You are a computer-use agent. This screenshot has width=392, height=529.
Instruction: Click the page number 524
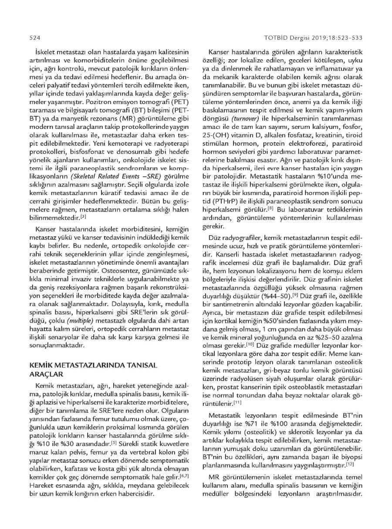[x=34, y=38]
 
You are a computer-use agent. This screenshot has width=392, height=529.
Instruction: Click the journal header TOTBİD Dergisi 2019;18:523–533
[x=313, y=38]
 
